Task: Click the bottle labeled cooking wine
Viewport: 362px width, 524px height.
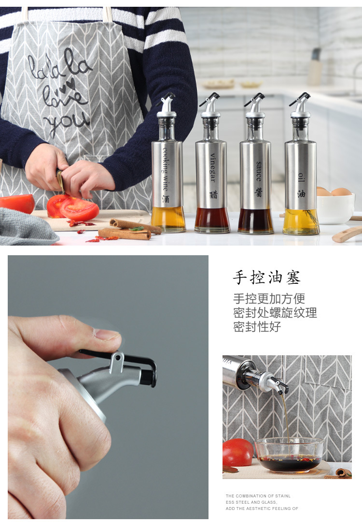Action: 167,174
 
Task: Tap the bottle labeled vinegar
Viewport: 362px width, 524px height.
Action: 211,174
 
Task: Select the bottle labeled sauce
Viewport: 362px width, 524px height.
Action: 255,174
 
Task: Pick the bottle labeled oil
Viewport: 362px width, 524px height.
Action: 301,174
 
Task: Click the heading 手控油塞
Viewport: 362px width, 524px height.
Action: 267,277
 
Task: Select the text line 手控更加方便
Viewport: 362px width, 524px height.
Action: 269,299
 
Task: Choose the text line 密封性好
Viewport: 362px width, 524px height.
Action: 257,327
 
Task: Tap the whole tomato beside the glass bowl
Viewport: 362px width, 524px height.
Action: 237,452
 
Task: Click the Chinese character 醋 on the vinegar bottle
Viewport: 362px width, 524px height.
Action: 213,194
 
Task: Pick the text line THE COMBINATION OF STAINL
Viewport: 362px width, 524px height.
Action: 258,496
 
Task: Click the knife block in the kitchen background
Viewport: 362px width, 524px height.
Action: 315,68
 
